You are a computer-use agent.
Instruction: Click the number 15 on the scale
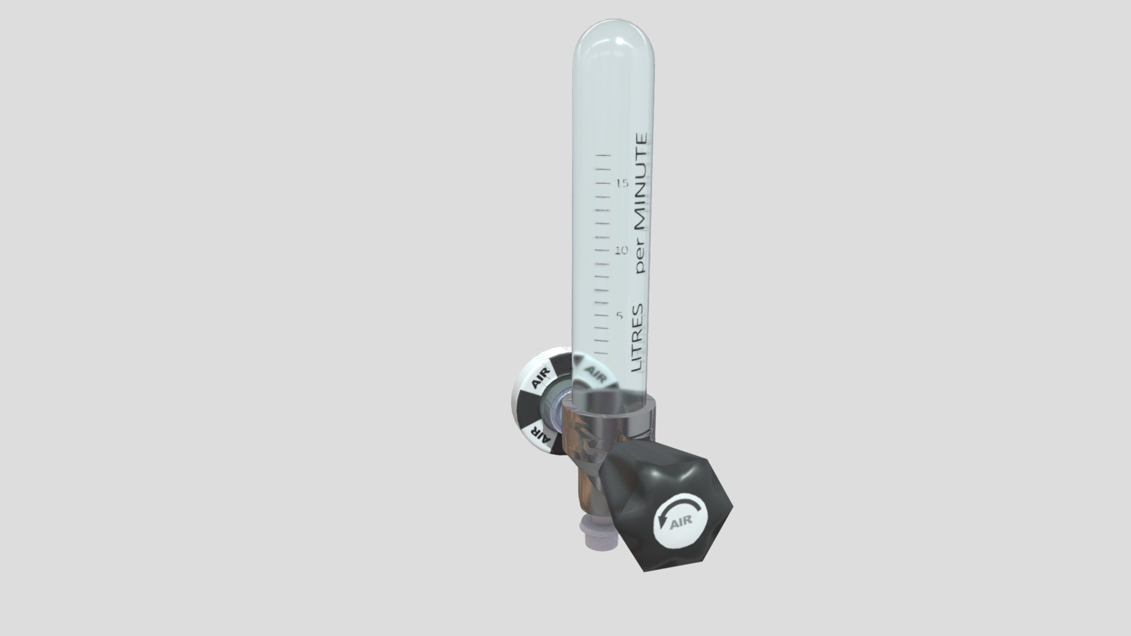click(x=622, y=183)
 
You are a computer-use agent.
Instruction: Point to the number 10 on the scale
click(x=622, y=251)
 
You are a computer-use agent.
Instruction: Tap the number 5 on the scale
click(x=620, y=316)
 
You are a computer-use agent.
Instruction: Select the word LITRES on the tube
click(x=637, y=338)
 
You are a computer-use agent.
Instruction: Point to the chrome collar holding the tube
click(x=607, y=415)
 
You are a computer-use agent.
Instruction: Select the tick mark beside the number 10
click(x=603, y=251)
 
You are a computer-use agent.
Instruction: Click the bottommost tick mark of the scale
click(x=600, y=353)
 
